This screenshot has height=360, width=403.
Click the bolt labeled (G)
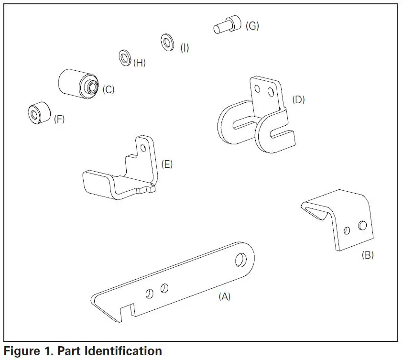(x=226, y=25)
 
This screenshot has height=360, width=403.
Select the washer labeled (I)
(x=167, y=42)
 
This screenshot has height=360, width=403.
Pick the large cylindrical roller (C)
(x=76, y=84)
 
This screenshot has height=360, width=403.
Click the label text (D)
(x=298, y=100)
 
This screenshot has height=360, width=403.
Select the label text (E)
(x=167, y=164)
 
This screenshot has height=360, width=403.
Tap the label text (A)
(x=224, y=296)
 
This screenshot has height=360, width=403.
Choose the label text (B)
(x=367, y=255)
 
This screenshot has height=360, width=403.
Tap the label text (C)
(x=108, y=89)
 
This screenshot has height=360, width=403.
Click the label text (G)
(x=252, y=26)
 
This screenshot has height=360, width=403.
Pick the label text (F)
(x=58, y=120)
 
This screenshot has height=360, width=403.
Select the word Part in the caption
(x=67, y=351)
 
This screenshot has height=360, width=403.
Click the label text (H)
(x=139, y=63)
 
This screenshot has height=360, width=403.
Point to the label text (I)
(x=184, y=48)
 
